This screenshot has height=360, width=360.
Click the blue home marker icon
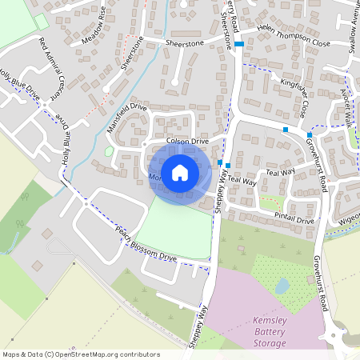[180, 172]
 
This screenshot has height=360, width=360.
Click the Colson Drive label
[187, 140]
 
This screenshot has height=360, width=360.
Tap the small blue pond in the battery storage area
[282, 286]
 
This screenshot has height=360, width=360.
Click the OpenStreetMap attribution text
[80, 354]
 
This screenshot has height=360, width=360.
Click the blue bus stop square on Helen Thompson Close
[239, 45]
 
